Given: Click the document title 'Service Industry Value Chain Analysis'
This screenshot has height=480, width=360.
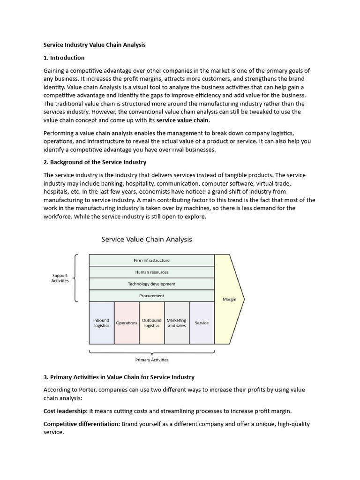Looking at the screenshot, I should (94, 45).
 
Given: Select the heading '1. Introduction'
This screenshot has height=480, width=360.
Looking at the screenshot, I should (64, 58).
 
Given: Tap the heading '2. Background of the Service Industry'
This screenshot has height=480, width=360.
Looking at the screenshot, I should (95, 162).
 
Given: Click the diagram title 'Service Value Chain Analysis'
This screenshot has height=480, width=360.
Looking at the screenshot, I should (146, 239).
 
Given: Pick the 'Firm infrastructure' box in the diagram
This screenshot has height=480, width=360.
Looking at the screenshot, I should (151, 260).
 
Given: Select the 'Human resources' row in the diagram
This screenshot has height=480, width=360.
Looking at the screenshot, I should (151, 272).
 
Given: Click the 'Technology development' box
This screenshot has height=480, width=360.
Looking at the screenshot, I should (151, 284).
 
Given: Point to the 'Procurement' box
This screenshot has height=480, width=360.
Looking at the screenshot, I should (151, 296).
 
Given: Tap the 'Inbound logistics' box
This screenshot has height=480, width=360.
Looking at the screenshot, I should (101, 323).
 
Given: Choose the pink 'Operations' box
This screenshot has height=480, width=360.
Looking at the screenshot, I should (127, 323).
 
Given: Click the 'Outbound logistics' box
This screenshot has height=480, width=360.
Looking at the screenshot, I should (151, 323).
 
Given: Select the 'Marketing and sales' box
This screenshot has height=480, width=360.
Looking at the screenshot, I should (177, 323).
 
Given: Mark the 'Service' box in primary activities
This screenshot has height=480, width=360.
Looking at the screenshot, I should (202, 323).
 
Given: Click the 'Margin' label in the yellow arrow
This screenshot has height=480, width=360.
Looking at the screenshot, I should (229, 299).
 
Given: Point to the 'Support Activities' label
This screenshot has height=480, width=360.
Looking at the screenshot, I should (60, 278).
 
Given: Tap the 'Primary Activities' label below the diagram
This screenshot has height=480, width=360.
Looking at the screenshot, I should (151, 360).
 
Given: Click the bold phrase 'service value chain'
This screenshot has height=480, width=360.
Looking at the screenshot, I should (182, 120).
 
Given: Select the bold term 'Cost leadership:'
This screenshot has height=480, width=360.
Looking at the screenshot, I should (65, 411).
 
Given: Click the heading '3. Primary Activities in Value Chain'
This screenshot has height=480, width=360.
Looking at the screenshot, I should (119, 377).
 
